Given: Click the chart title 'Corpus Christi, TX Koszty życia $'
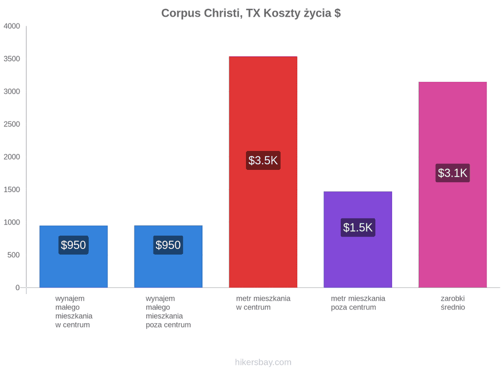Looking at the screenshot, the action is point(251,13).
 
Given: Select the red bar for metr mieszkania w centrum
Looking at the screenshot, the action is point(263,172).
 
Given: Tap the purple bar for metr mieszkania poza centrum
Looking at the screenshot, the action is point(358,240).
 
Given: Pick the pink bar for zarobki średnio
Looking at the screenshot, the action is point(453,185).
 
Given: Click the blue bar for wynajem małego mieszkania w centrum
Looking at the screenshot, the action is point(74,257).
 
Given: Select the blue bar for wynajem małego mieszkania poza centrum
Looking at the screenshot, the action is point(168,257).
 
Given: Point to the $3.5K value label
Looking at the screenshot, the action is point(263,160).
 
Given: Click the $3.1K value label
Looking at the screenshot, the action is point(453,173).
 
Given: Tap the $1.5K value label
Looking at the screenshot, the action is point(358,228).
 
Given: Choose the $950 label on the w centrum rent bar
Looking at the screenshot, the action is point(73,245).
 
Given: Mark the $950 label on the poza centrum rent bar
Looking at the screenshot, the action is point(168,245).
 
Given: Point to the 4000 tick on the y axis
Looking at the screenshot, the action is point(12,26).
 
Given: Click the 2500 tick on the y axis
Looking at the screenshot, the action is point(12,124).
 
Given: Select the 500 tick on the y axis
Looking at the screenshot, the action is point(14,255).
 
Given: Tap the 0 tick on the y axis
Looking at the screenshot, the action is point(18,287).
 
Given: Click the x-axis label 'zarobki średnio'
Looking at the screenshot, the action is point(453,303).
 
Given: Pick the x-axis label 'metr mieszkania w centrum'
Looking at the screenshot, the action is point(263,303).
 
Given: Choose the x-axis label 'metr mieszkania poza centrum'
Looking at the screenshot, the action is point(358,303).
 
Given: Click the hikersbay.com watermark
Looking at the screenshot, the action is point(263,362).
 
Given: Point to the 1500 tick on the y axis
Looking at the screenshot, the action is point(12,189).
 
